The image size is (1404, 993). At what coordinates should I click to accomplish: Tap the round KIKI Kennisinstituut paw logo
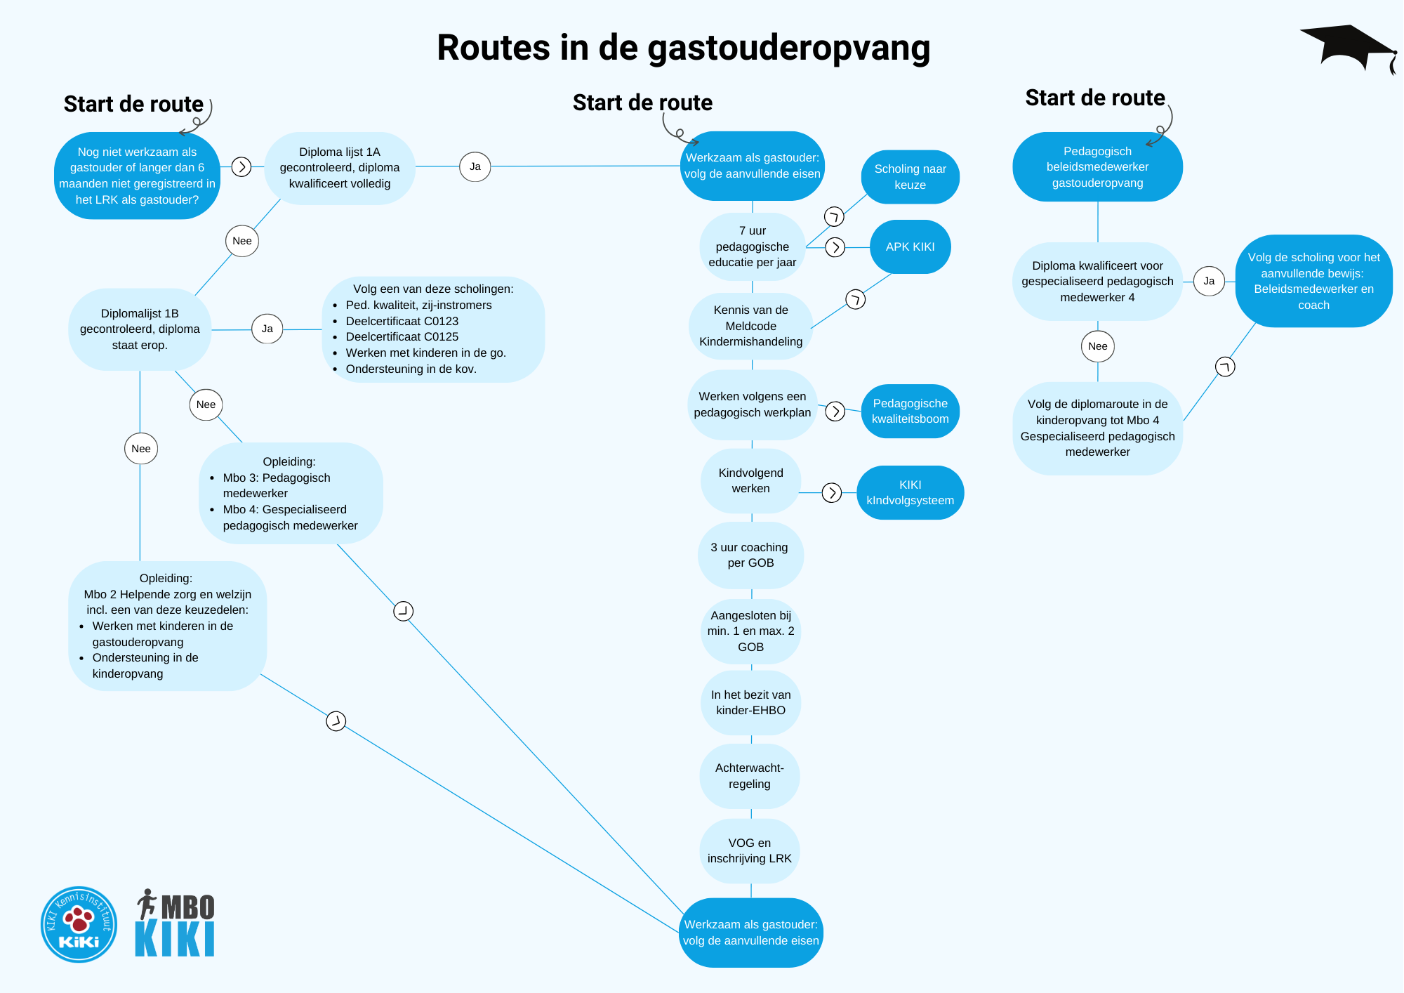(79, 923)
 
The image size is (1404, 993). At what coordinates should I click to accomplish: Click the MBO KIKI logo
(175, 923)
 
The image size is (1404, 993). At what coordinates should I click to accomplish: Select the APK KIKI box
(910, 247)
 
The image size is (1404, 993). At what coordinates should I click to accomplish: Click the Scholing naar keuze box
(910, 177)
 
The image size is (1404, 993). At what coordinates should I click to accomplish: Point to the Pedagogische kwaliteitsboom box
(910, 412)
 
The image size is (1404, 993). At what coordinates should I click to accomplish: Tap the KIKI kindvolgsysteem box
(910, 493)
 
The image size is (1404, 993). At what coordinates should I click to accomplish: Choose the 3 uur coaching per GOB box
(750, 555)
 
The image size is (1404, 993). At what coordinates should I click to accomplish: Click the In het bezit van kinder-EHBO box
(750, 703)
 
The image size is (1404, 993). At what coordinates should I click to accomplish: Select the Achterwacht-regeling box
(749, 776)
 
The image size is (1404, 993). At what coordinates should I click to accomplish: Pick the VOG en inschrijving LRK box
(749, 851)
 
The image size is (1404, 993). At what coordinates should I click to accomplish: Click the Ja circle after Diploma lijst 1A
(475, 167)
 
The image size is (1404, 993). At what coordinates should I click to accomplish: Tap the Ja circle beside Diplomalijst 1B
(267, 329)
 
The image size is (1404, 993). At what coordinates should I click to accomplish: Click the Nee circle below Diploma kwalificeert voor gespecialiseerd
(1097, 346)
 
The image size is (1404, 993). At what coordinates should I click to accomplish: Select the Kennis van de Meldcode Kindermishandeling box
(750, 327)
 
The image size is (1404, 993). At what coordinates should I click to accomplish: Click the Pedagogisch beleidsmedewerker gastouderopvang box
(1097, 167)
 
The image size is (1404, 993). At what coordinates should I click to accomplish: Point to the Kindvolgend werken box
(750, 481)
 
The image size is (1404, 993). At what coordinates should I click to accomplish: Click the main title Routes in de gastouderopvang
(683, 48)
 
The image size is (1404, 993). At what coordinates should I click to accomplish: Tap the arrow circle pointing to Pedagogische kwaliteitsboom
(835, 412)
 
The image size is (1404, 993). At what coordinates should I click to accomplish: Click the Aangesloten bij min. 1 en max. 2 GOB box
(750, 631)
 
